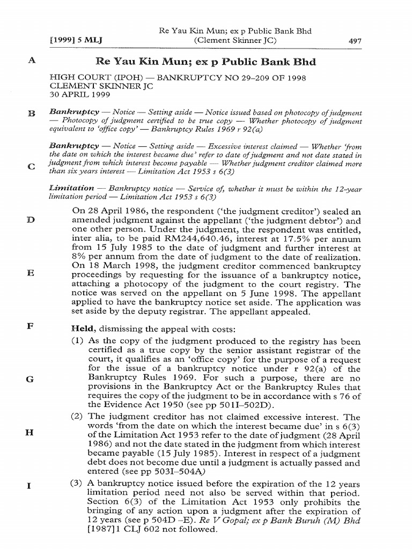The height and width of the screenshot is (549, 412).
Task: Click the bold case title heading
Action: point(205,62)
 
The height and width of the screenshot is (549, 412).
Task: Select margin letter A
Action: point(31,61)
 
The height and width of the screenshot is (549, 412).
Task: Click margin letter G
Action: point(31,379)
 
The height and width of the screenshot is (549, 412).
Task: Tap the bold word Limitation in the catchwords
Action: point(71,188)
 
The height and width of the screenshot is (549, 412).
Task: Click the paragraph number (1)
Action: point(78,341)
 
